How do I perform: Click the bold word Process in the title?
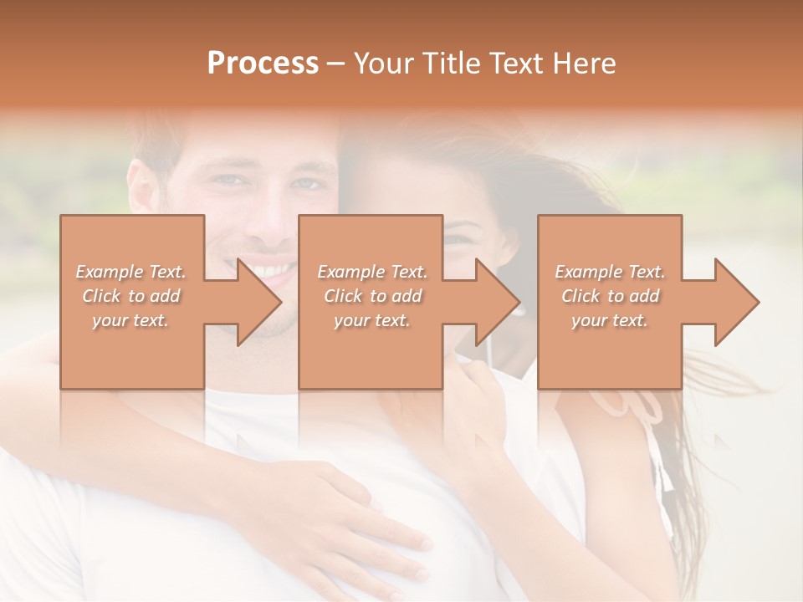[x=263, y=64]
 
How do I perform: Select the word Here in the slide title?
[x=585, y=64]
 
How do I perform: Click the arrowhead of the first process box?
[x=259, y=302]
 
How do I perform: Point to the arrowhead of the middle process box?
[x=498, y=302]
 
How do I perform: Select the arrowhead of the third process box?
[x=736, y=302]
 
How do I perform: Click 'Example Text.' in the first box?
[x=131, y=272]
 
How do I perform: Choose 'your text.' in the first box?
[x=131, y=320]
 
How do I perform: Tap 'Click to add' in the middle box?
[x=372, y=296]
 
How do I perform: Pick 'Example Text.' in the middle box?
[x=372, y=272]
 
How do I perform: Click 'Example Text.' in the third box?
[x=610, y=272]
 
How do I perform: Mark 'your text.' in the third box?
[x=610, y=320]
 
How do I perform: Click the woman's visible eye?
[x=457, y=240]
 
